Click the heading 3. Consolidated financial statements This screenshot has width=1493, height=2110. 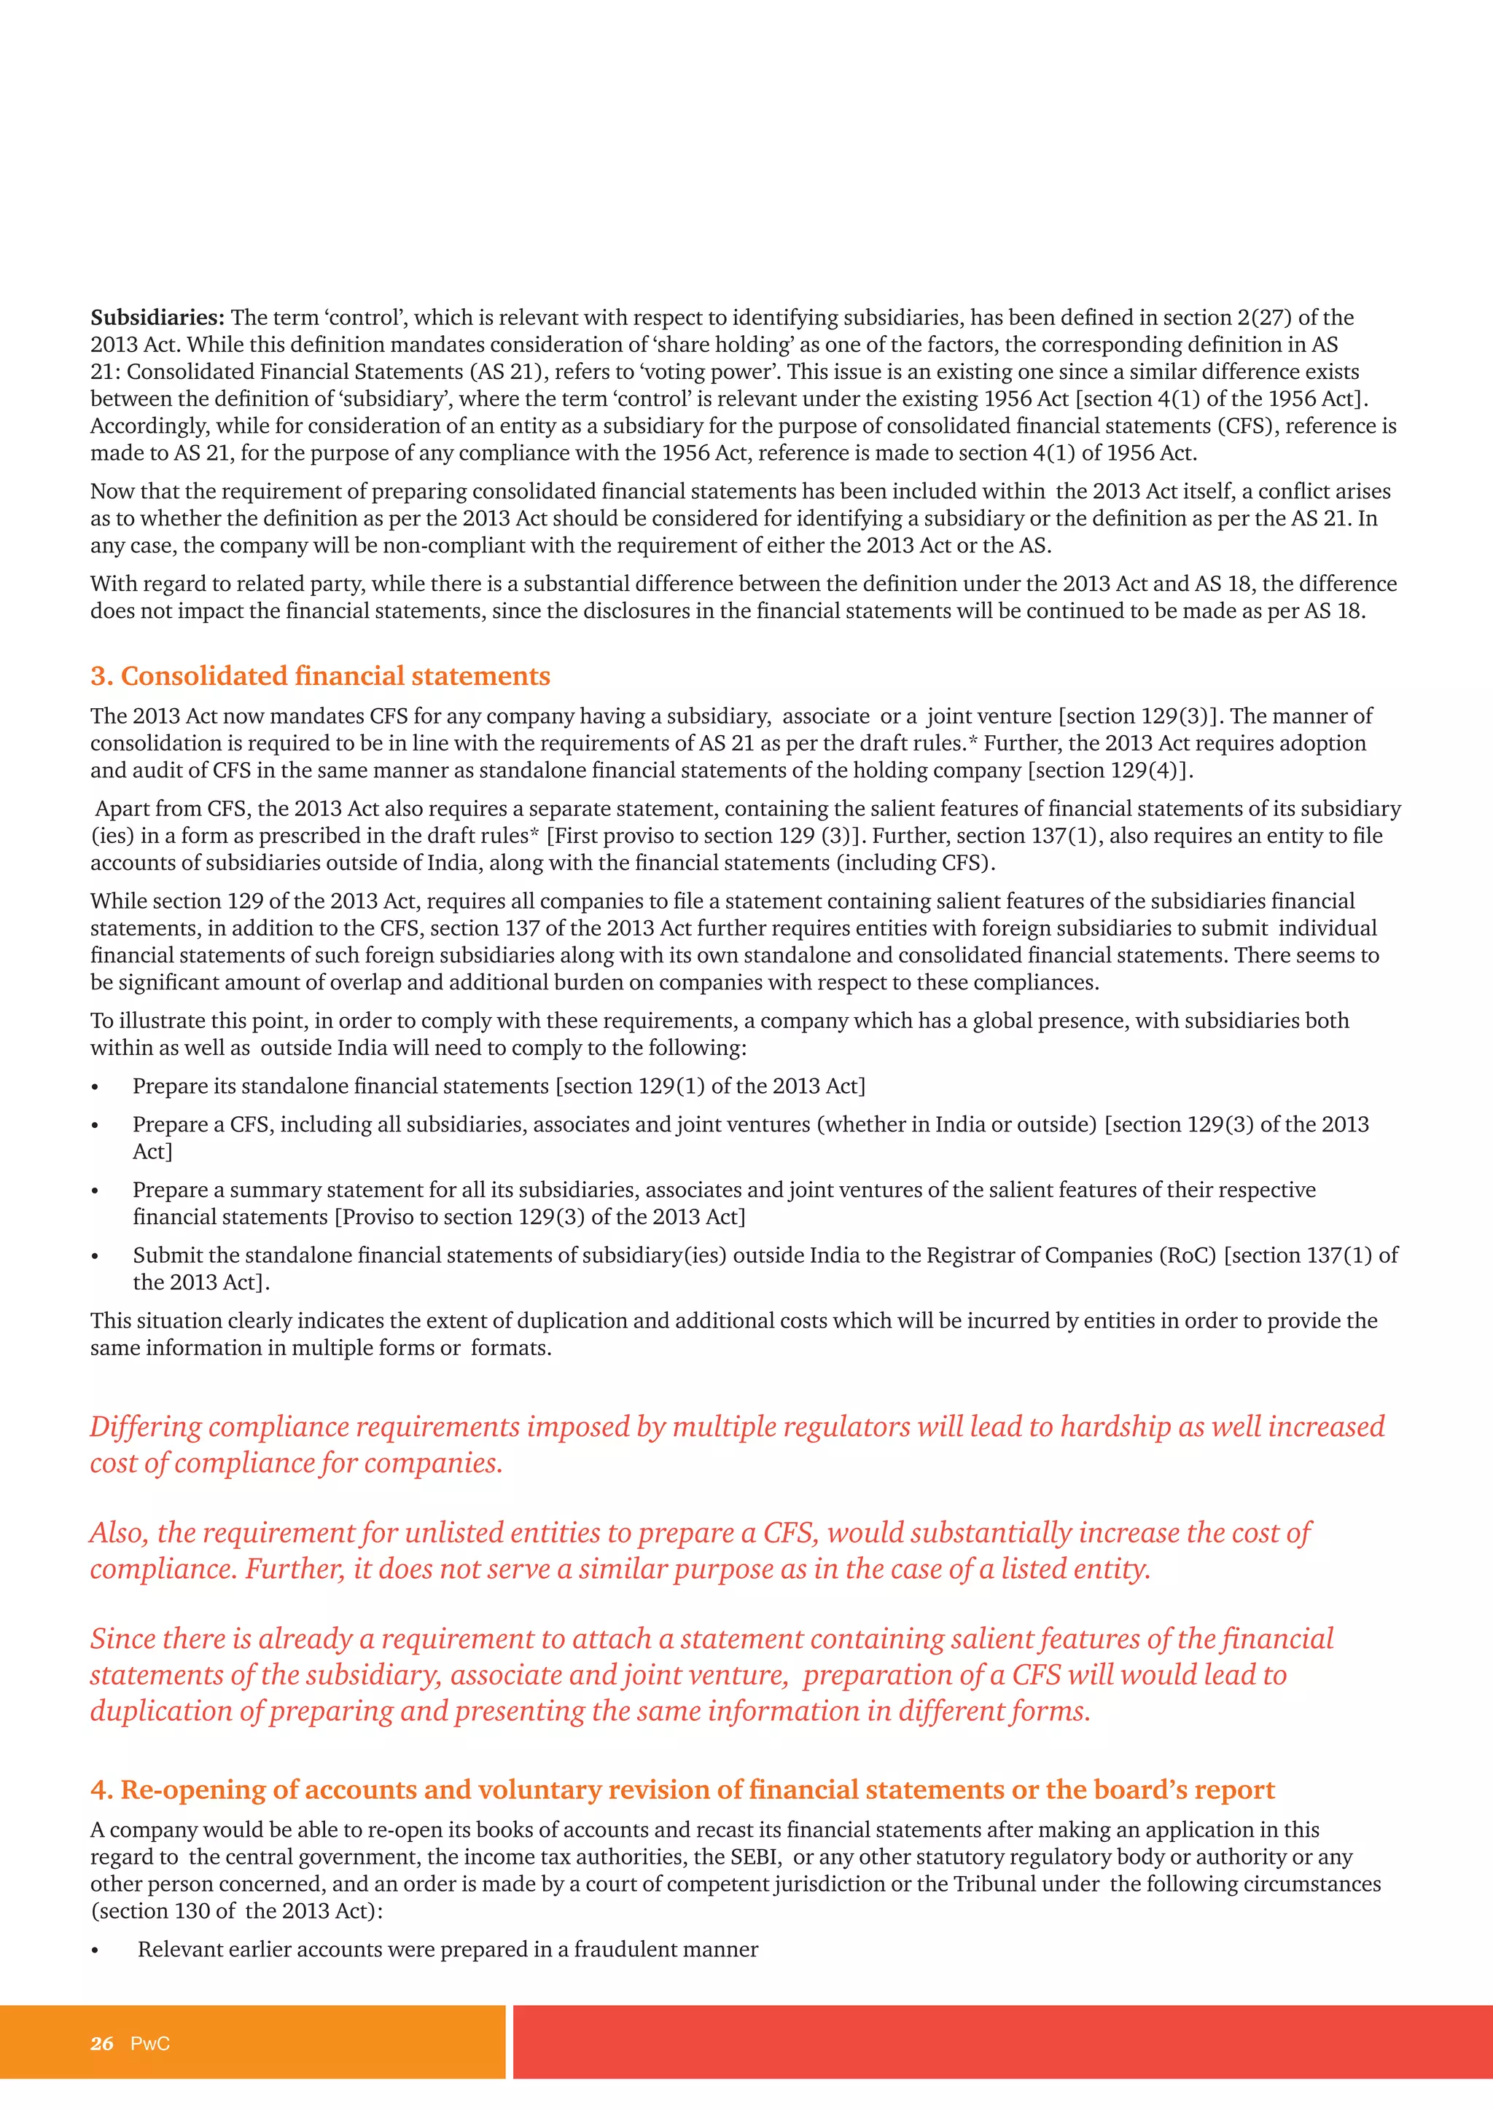point(320,676)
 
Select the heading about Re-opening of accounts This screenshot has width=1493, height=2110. point(682,1790)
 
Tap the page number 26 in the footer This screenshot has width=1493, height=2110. point(102,2044)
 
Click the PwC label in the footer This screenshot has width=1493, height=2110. point(150,2044)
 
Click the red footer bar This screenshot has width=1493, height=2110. point(1002,2042)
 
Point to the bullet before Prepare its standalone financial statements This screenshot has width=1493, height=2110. point(95,1088)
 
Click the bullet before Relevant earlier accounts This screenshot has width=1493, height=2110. point(95,1952)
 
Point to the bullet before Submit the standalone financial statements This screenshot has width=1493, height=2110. point(95,1257)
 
